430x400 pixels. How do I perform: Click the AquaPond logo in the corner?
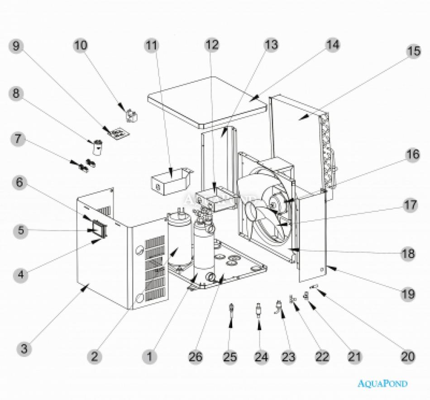(382, 384)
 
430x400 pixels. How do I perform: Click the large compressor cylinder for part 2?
(179, 240)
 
